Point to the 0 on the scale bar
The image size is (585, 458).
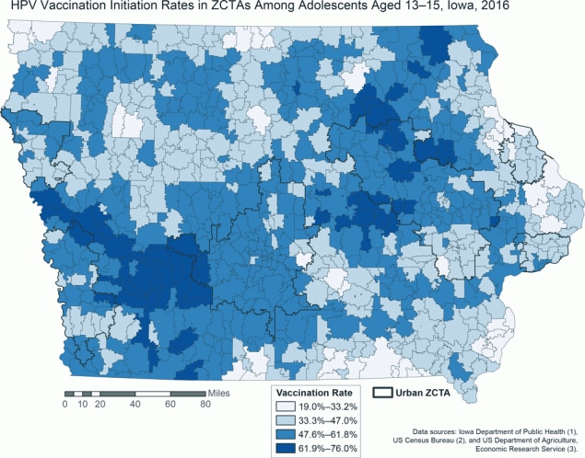click(65, 404)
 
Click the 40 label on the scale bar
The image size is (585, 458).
click(135, 404)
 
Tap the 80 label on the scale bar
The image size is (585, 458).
click(204, 404)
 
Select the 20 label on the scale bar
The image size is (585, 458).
click(99, 404)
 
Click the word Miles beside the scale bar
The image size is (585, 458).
click(219, 393)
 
